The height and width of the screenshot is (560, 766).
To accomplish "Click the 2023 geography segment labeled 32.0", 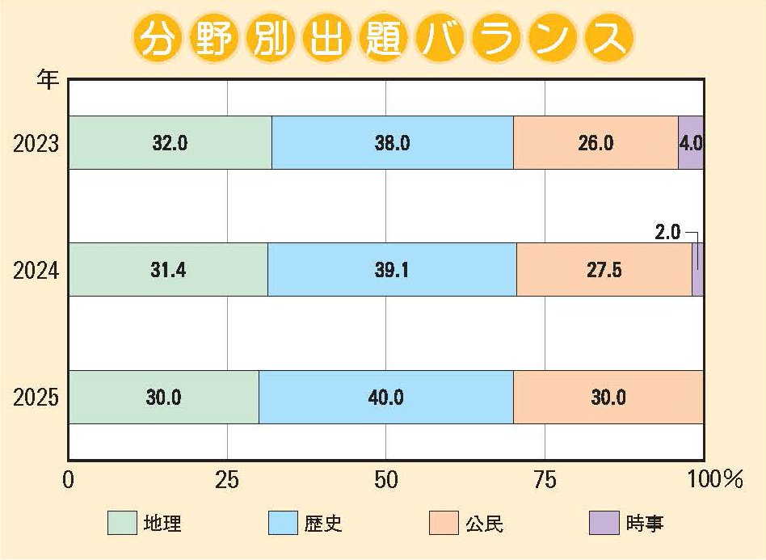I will (x=170, y=143).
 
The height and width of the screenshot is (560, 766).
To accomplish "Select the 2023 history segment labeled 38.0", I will (x=393, y=143).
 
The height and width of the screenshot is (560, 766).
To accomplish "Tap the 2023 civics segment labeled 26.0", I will (x=596, y=143).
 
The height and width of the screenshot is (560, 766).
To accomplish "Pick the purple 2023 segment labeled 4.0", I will (x=691, y=143).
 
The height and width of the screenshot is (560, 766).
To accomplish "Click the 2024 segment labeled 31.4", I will (x=168, y=270).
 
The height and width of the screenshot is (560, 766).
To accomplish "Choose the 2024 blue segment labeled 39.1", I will (x=392, y=270).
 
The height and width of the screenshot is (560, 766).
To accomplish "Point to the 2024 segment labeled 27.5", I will (x=604, y=270).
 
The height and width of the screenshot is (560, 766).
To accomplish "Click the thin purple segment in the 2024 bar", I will (x=698, y=270).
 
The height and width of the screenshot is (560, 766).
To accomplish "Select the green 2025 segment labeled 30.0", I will (x=163, y=397).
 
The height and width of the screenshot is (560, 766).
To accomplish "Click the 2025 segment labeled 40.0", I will (x=386, y=397).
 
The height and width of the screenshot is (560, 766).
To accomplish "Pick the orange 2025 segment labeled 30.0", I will (x=608, y=397).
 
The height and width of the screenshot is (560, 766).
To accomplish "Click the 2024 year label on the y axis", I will (x=36, y=271).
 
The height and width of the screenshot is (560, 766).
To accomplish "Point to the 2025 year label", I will (x=36, y=398).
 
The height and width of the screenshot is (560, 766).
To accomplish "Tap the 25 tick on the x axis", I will (x=227, y=480).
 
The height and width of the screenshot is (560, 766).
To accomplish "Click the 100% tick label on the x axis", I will (x=714, y=480).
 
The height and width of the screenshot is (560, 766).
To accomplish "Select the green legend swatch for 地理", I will (x=123, y=523).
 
